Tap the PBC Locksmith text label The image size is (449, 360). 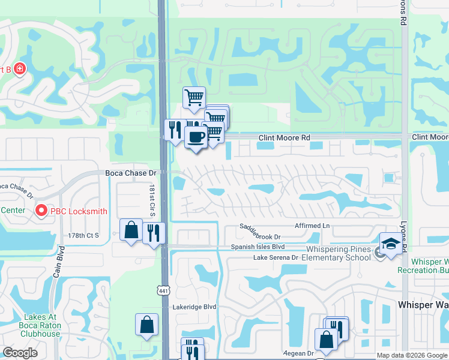click(79, 211)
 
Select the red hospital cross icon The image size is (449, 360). click(20, 69)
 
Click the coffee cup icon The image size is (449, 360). click(196, 137)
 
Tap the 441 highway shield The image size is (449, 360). click(163, 290)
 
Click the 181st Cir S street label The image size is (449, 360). click(152, 201)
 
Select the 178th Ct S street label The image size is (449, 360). click(83, 236)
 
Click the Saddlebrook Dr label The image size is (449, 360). click(261, 232)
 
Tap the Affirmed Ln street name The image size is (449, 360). click(312, 226)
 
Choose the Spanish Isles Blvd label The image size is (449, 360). click(258, 247)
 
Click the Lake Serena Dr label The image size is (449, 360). click(276, 257)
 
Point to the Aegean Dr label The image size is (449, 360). click(298, 353)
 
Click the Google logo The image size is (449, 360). click(20, 353)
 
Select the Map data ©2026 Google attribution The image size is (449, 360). click(411, 355)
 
